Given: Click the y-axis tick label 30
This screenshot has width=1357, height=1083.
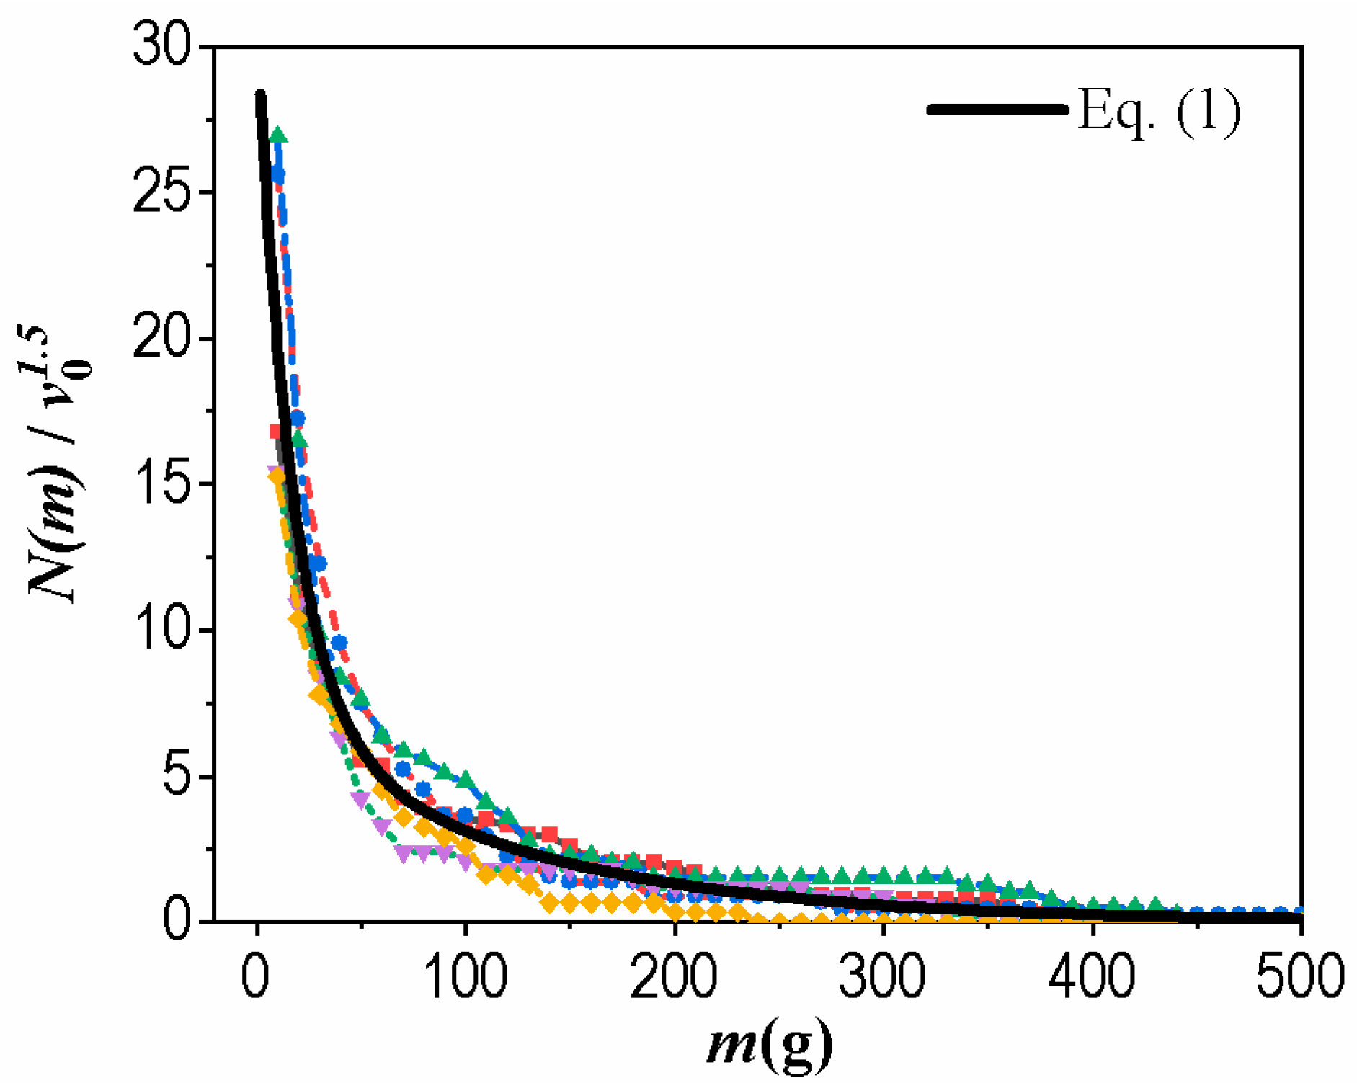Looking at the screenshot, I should click(163, 45).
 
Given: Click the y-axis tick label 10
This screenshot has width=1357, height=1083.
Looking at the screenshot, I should click(163, 629).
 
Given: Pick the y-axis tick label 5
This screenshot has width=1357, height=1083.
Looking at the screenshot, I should click(177, 776).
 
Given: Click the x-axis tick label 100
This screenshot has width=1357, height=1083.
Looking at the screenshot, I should click(466, 976).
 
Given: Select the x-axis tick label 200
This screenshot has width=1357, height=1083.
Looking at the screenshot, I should click(675, 976).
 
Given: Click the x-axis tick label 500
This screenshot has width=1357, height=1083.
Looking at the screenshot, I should click(1300, 976).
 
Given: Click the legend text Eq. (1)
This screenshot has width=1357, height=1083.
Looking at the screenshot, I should click(1159, 111).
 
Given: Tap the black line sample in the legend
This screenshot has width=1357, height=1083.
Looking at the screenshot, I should click(998, 110).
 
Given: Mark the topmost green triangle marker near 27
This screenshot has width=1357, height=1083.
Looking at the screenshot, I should click(278, 135).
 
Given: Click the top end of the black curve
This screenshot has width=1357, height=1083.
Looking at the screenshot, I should click(260, 96).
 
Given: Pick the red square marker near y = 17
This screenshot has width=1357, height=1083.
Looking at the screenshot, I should click(275, 432).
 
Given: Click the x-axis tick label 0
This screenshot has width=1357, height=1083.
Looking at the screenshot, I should click(256, 976).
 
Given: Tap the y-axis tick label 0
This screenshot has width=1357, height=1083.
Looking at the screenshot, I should click(177, 922).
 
